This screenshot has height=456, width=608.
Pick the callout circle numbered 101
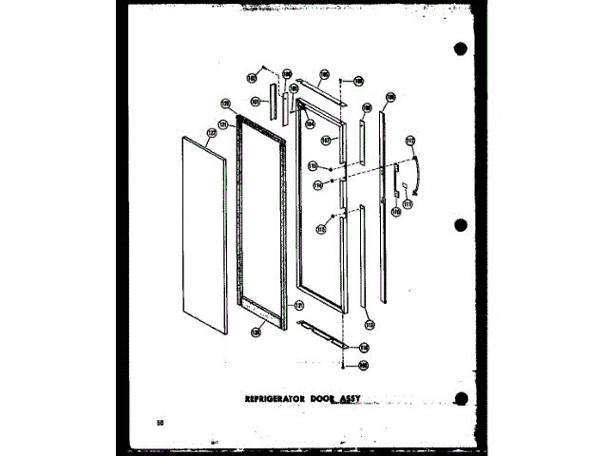point(256,101)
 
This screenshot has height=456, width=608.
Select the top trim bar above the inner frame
point(318,89)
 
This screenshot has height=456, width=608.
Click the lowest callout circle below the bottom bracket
point(364,365)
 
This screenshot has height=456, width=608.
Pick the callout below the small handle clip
point(408,202)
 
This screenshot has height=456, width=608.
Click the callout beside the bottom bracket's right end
point(364,348)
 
